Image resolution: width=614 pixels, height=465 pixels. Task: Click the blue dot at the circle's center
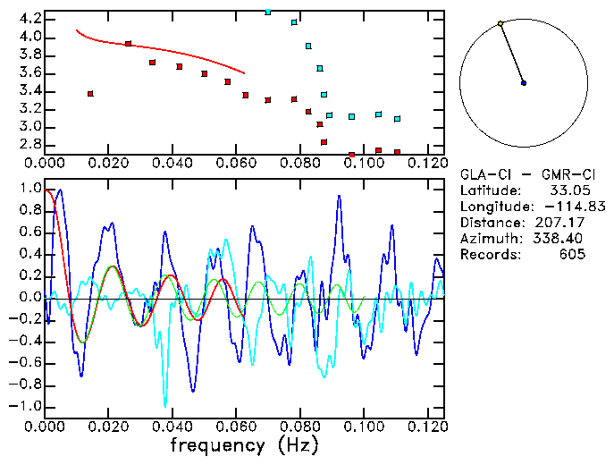pyautogui.click(x=524, y=83)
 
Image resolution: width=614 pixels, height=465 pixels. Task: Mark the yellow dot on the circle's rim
pyautogui.click(x=500, y=23)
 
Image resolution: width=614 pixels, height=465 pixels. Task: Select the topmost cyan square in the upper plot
pyautogui.click(x=268, y=12)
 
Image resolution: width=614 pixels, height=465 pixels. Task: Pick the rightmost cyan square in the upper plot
pyautogui.click(x=397, y=119)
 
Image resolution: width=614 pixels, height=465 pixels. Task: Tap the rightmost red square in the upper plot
pyautogui.click(x=397, y=152)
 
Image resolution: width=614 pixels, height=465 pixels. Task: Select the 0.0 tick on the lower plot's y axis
pyautogui.click(x=29, y=298)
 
